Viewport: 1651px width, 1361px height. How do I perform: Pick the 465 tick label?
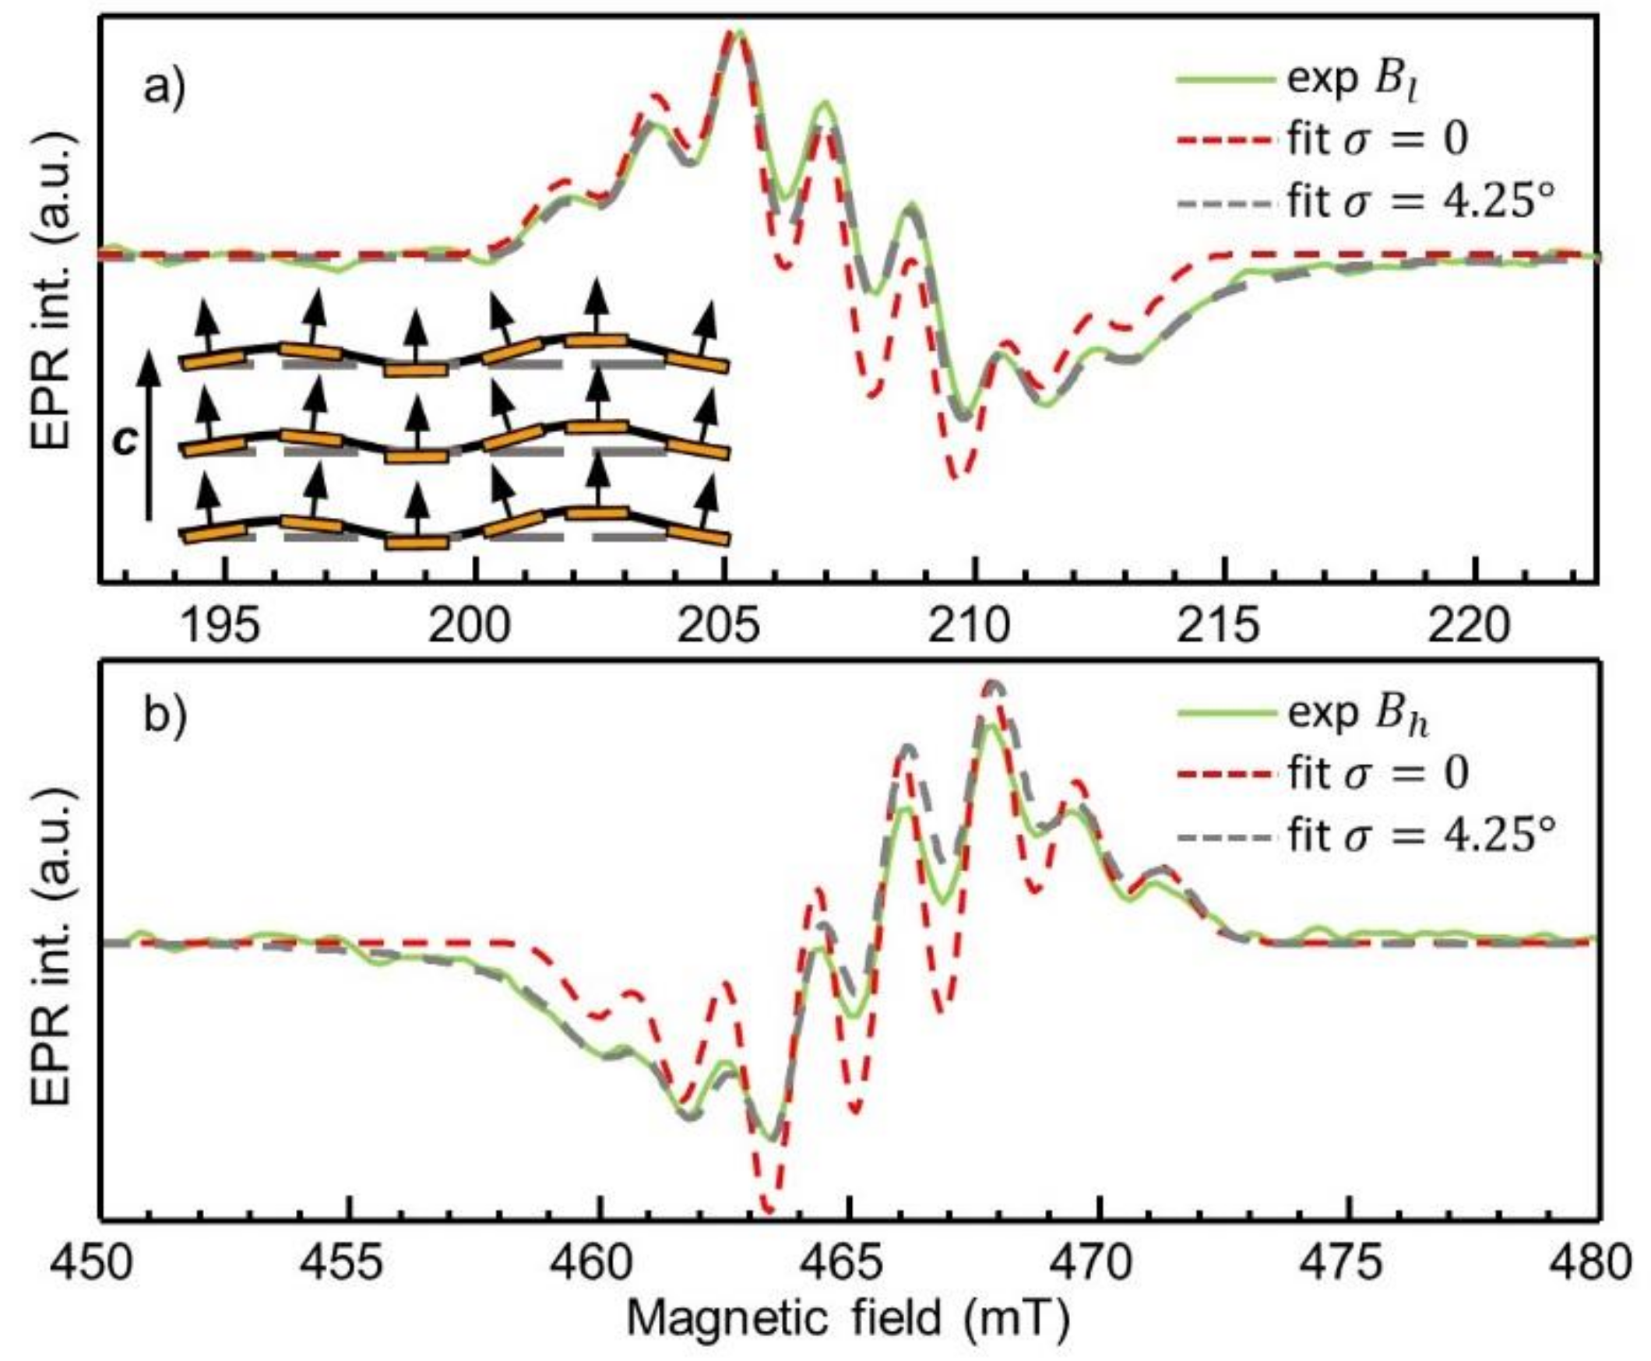tap(850, 1263)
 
